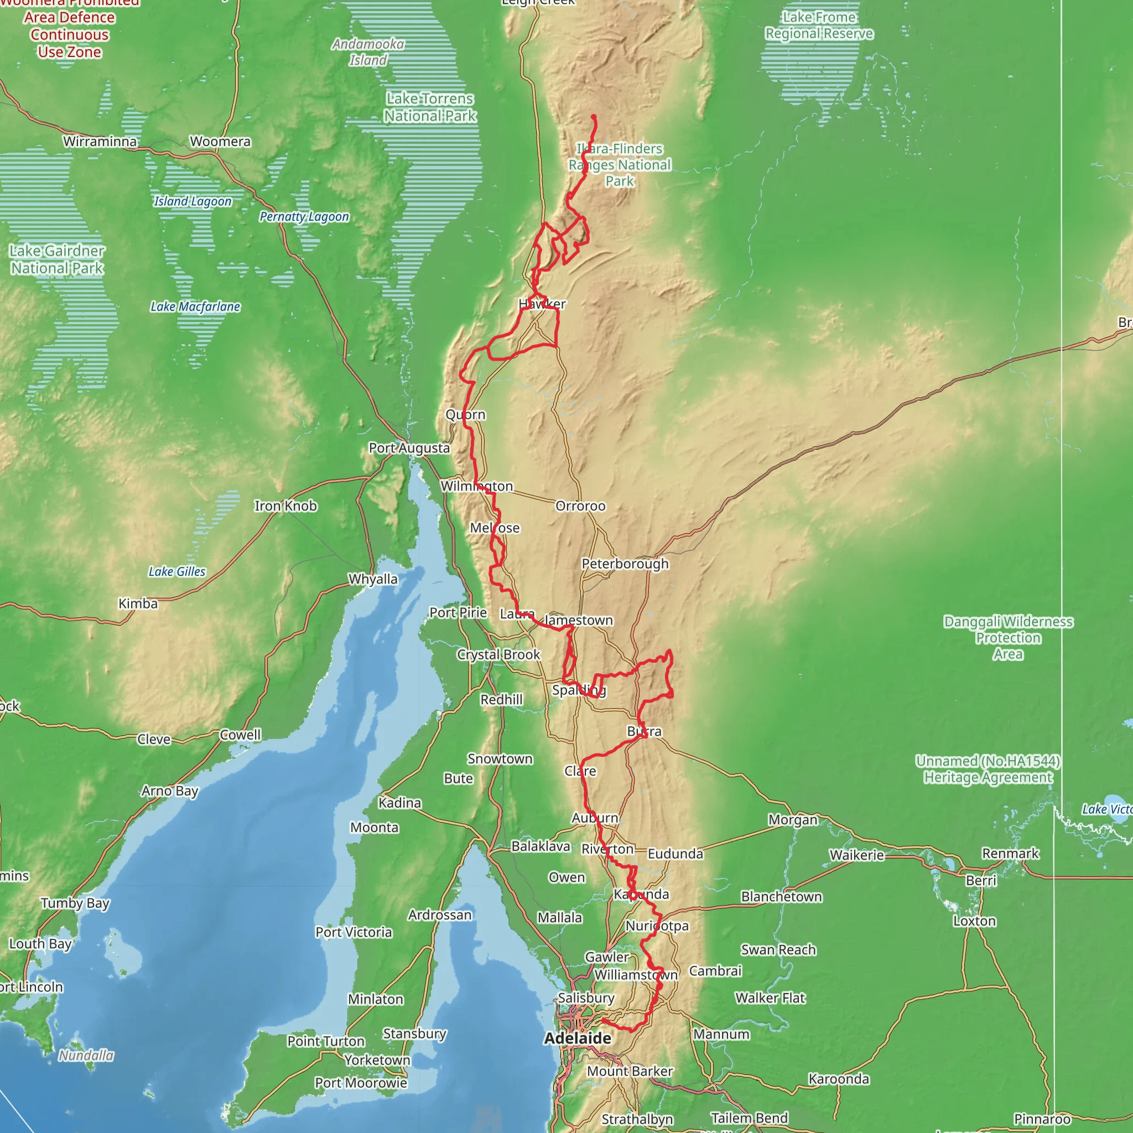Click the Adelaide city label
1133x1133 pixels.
click(577, 1038)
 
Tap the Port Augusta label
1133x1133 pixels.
click(409, 448)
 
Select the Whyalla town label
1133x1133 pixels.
click(373, 579)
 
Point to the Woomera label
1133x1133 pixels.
click(220, 141)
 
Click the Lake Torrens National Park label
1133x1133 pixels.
click(430, 107)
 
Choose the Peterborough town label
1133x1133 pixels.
click(625, 564)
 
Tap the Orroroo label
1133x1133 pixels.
click(580, 506)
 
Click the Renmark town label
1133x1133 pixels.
click(1010, 854)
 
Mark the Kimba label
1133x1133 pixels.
click(138, 604)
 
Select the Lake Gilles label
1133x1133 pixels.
click(176, 572)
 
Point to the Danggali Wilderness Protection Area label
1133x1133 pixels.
click(1008, 637)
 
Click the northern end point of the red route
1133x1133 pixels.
click(594, 117)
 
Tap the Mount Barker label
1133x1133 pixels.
click(630, 1072)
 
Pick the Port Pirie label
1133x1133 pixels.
click(458, 613)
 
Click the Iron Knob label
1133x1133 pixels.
click(285, 506)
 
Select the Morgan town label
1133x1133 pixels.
click(793, 820)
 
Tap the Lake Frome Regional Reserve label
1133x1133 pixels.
click(819, 26)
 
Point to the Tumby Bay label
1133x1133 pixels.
click(75, 903)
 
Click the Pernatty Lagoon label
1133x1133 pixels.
click(304, 217)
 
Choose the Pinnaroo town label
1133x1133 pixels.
click(1042, 1119)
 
